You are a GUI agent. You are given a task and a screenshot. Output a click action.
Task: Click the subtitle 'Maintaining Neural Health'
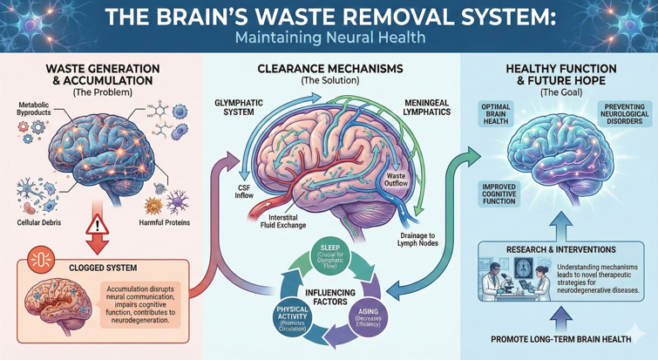point(329,37)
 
